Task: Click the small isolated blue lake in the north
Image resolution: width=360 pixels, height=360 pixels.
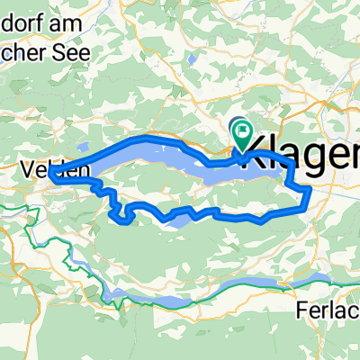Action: [x=193, y=60]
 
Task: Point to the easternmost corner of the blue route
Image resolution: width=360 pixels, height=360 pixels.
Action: [x=310, y=190]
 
